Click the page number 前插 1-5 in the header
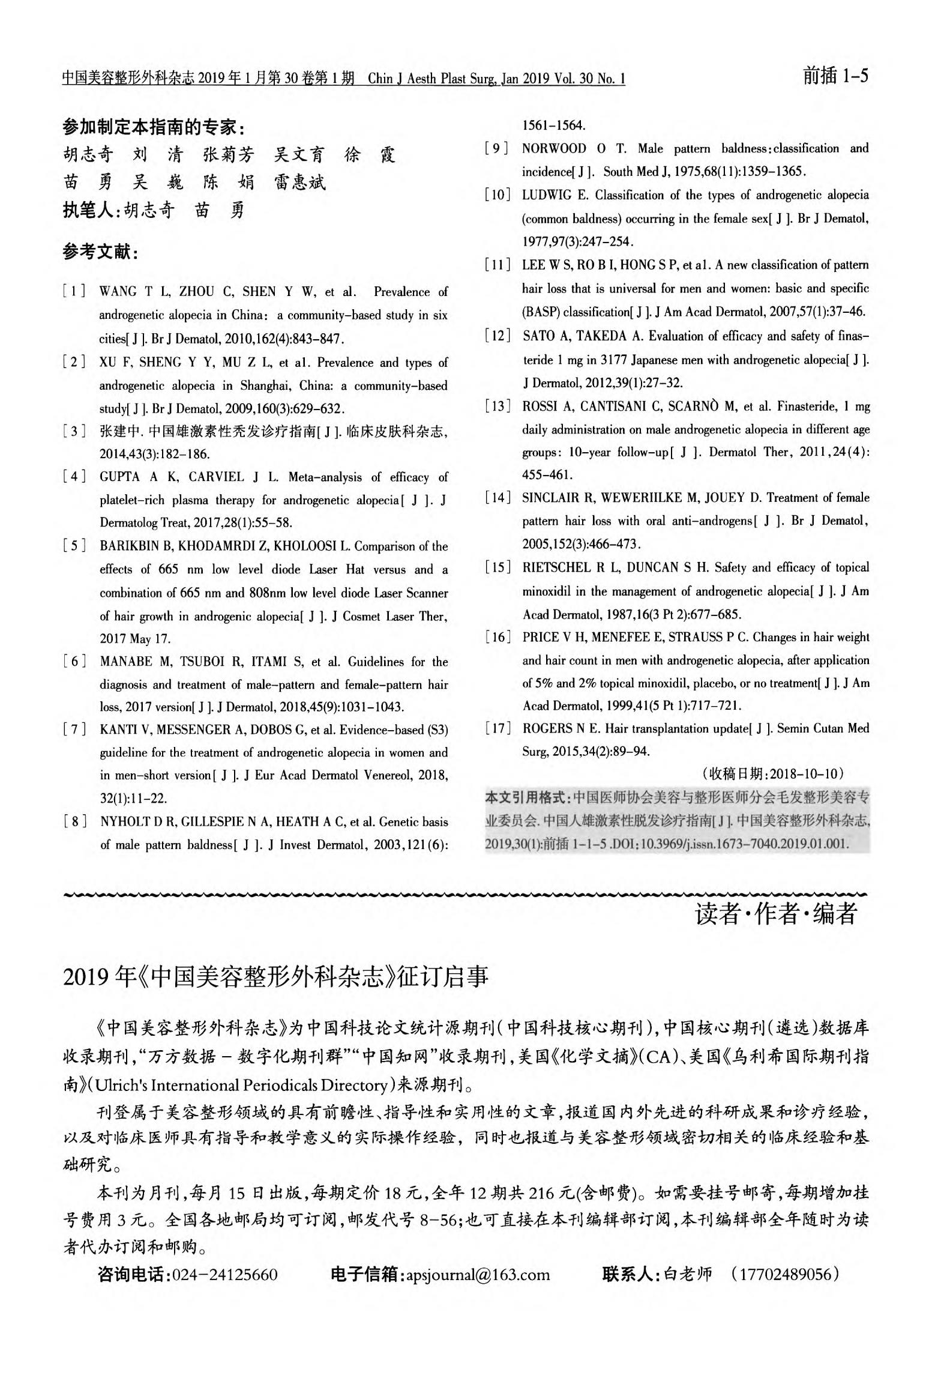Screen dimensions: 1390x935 [835, 77]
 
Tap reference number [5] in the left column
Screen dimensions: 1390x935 [74, 546]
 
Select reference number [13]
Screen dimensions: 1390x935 [498, 406]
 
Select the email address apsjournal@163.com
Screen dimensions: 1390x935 [478, 1275]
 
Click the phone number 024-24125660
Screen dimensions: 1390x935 [224, 1275]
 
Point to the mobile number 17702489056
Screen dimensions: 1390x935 [783, 1274]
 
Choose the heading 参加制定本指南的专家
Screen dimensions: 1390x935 [154, 127]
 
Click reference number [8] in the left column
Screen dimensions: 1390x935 [74, 821]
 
